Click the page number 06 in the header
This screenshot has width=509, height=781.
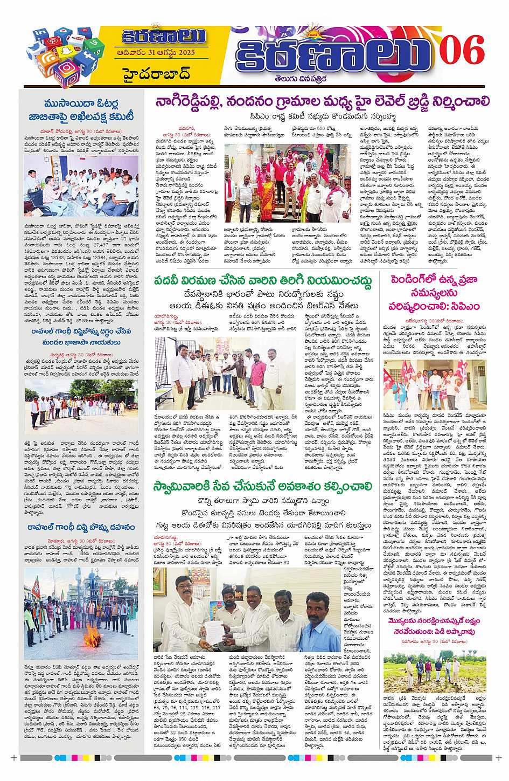pos(462,52)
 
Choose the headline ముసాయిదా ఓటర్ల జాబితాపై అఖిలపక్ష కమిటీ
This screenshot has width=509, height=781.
pos(81,110)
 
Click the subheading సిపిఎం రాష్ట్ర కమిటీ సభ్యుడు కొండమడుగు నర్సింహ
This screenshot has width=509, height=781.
pos(322,115)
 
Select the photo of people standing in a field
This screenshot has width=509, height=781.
pos(434,671)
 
